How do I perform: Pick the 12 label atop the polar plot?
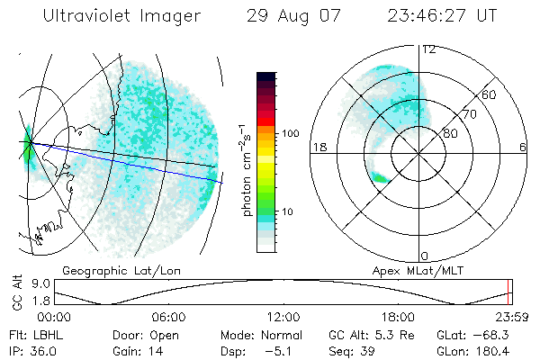pos(428,49)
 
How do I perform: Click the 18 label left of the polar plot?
pos(319,147)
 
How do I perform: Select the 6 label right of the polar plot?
pos(523,147)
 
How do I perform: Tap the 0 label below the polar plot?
pos(426,255)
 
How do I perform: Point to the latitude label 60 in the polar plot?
pos(490,94)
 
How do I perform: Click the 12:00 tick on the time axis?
pos(283,317)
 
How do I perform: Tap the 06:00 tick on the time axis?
pos(168,317)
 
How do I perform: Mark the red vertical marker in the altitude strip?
pos(508,292)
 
